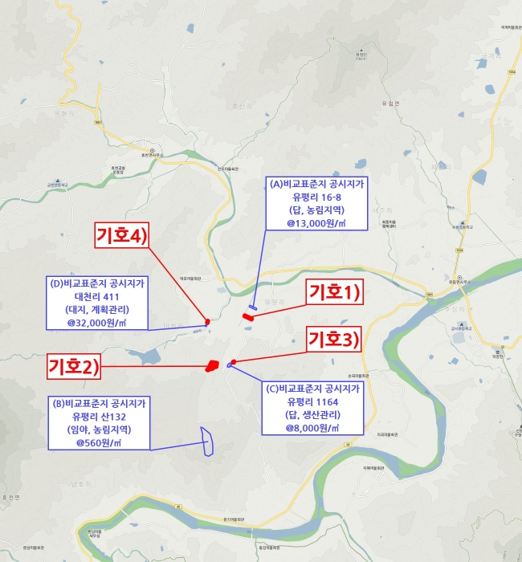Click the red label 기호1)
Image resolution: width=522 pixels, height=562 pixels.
click(336, 292)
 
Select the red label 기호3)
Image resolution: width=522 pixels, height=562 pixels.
click(336, 337)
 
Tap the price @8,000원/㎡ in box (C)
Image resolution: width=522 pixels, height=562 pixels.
click(313, 428)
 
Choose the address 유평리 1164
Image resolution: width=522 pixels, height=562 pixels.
click(313, 401)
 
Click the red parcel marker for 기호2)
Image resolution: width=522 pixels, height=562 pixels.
click(212, 366)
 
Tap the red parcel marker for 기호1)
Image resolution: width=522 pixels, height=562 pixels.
click(248, 317)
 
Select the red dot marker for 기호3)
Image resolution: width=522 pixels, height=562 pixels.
click(234, 361)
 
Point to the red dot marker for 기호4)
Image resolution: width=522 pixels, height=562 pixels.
click(208, 321)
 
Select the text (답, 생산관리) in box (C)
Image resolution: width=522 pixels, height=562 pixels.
click(313, 414)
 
